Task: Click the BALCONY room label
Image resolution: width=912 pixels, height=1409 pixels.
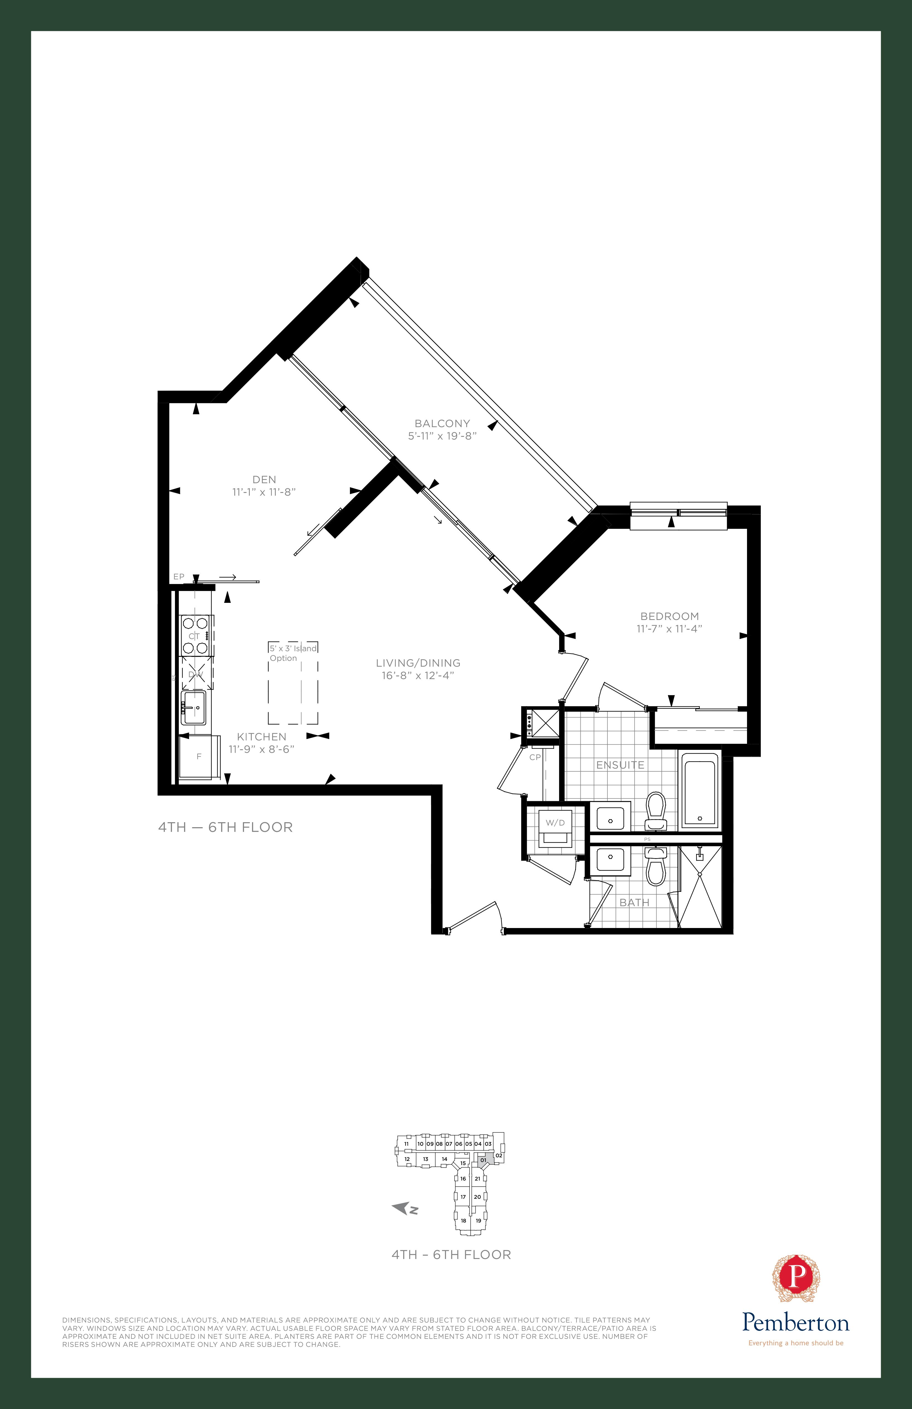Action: (x=442, y=423)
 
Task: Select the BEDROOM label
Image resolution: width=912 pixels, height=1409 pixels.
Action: (x=670, y=616)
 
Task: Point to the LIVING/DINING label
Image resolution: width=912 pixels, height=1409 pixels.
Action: (x=418, y=663)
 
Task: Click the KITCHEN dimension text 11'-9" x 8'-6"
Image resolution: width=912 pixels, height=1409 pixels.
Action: (x=262, y=749)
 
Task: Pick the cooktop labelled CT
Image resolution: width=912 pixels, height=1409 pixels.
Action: (x=196, y=636)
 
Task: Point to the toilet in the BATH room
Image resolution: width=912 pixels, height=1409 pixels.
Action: (x=656, y=866)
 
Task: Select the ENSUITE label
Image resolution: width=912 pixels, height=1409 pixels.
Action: (x=620, y=765)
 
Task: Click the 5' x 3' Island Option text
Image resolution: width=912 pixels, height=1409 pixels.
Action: (x=293, y=653)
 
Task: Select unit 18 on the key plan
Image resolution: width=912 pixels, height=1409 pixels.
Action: (x=463, y=1220)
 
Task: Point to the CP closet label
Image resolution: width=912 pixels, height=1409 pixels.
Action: (x=535, y=757)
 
